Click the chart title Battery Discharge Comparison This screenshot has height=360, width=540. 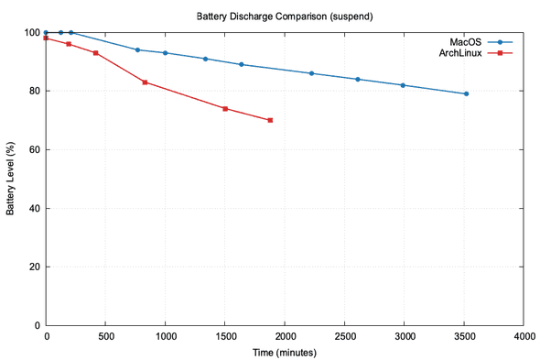point(284,16)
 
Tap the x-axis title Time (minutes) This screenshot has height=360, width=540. point(284,352)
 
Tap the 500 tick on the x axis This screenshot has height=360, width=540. point(105,336)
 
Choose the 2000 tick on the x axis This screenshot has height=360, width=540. point(285,336)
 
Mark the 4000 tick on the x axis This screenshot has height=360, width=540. point(523,336)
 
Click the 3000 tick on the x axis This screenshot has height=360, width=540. point(404,336)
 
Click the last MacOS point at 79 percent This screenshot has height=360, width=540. point(466,93)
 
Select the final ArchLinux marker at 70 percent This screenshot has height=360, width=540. point(270,120)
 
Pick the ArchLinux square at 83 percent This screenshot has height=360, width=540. point(145,82)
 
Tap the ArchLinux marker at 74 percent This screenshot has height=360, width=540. point(225,108)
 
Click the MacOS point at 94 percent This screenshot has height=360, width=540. point(137,49)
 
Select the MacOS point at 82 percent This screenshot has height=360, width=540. point(403,85)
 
